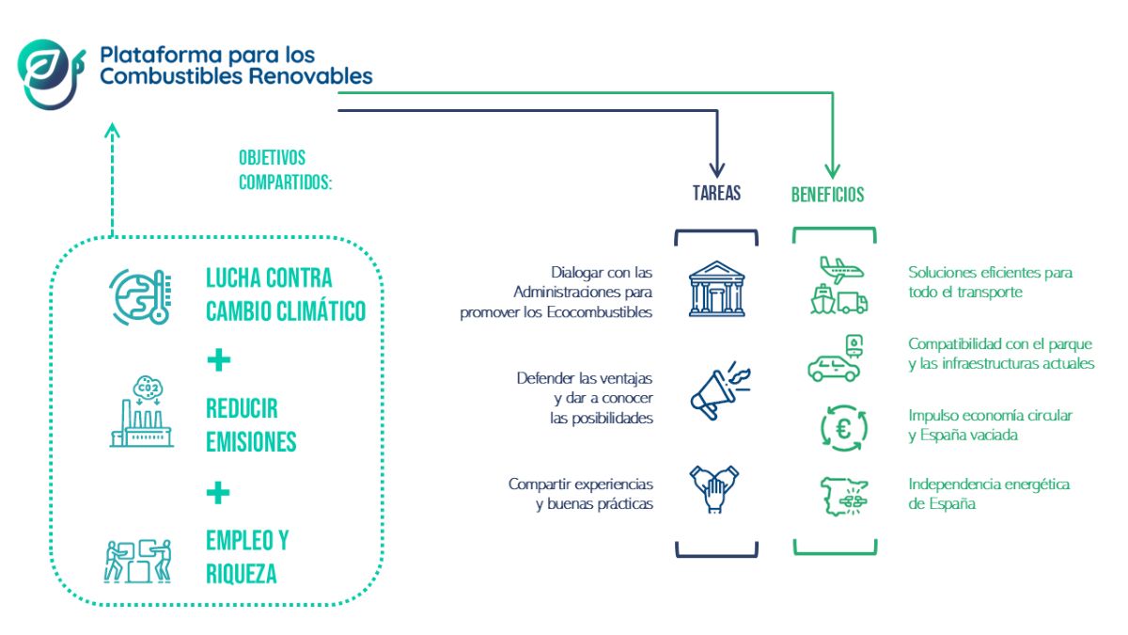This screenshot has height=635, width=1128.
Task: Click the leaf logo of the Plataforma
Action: pos(51,74)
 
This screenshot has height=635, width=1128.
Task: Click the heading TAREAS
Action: pos(716,193)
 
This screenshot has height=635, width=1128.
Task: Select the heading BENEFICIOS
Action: pos(827,195)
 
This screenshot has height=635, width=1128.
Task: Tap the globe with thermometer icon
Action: pos(140,297)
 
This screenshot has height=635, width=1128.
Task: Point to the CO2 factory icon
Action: pos(142,411)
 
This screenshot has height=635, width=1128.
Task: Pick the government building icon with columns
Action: pos(716,289)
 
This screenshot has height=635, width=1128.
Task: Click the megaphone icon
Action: pos(720,390)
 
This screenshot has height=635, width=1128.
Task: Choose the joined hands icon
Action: pos(714,489)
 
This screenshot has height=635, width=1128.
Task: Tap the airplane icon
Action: pos(841,270)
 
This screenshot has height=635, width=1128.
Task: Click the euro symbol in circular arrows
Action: pos(844,429)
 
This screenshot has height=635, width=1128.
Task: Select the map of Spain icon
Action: pos(844,497)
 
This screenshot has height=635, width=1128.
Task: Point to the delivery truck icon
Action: pos(852,302)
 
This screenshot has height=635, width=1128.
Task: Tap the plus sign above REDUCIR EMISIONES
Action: pos(218,359)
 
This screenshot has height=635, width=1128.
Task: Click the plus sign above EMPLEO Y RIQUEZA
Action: pos(218,492)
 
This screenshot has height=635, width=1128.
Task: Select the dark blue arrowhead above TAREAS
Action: pos(717,169)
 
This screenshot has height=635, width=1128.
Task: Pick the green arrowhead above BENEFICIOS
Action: pos(833,170)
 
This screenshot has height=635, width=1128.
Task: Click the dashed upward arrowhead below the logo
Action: pos(112,131)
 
